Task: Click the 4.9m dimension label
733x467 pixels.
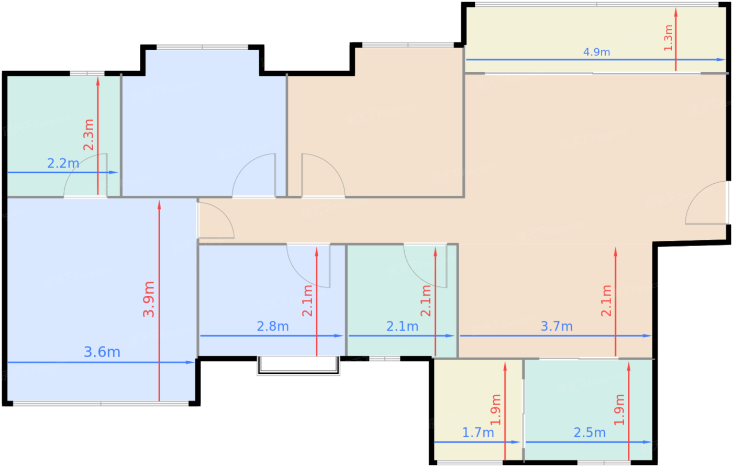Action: (596, 52)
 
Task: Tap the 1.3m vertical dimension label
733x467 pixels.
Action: (668, 38)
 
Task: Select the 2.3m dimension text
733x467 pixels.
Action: (88, 135)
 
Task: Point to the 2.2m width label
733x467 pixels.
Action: (63, 163)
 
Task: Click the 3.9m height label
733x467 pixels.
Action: (149, 299)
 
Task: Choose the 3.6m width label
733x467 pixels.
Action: (102, 352)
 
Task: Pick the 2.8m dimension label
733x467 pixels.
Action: (273, 326)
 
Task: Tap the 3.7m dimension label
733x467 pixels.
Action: (557, 326)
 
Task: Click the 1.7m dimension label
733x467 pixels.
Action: (477, 432)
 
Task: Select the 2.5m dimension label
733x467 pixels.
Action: (590, 432)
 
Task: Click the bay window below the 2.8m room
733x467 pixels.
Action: (298, 365)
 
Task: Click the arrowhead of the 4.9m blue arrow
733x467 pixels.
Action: (721, 60)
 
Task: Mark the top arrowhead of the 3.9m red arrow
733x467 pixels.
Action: (159, 205)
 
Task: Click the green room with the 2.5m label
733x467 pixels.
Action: (588, 410)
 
